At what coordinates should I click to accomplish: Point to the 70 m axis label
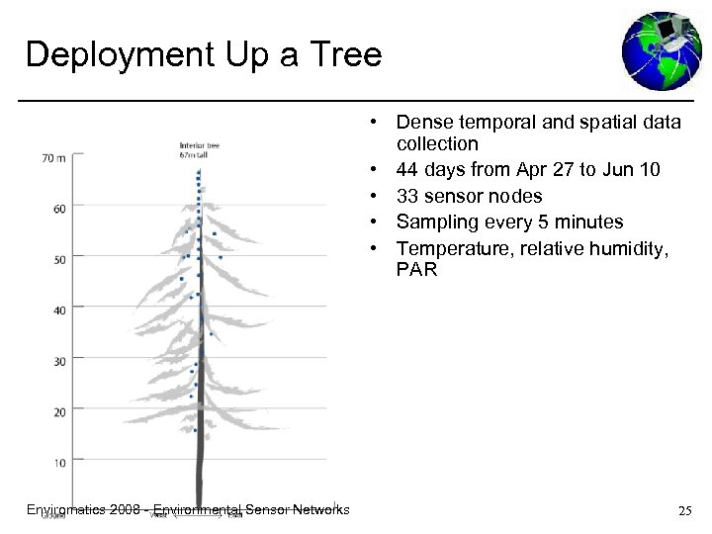[55, 157]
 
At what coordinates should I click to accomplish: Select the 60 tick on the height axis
[59, 208]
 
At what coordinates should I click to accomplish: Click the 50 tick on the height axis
[59, 259]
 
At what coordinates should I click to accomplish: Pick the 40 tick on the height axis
[59, 311]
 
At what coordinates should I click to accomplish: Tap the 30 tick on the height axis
[59, 362]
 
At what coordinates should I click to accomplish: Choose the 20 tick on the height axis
[59, 412]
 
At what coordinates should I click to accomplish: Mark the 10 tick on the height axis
[59, 463]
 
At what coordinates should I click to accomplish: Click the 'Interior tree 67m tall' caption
[199, 151]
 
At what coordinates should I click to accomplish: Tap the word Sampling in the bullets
[436, 222]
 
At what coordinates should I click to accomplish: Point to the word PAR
[416, 268]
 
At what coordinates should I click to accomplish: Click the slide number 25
[683, 510]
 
